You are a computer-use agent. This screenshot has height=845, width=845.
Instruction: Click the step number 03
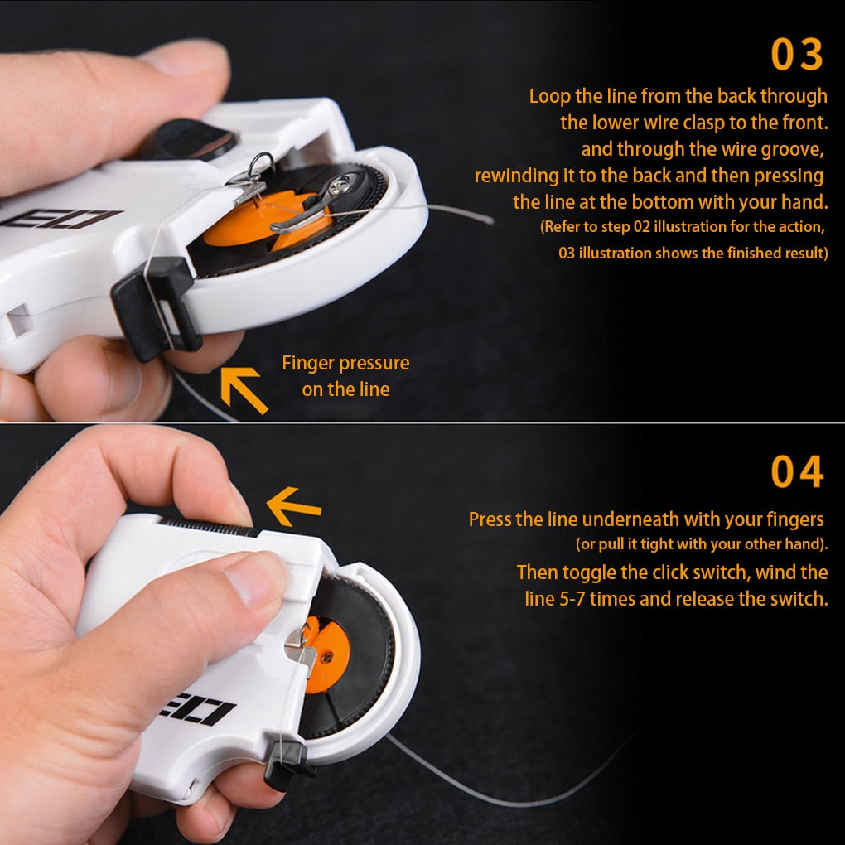click(797, 55)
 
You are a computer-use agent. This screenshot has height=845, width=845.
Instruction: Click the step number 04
click(797, 472)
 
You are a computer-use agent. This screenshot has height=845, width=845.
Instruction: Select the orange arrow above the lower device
click(293, 506)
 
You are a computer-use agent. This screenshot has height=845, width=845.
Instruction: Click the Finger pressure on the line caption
click(345, 376)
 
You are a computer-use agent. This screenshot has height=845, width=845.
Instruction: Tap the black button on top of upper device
click(189, 139)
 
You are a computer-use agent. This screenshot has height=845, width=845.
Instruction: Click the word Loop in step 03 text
click(549, 96)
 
